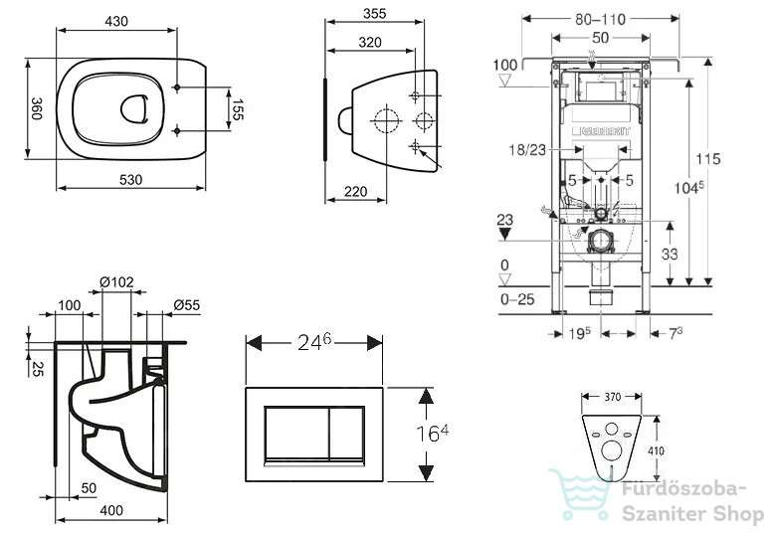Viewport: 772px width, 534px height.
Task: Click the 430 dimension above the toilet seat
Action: pyautogui.click(x=116, y=21)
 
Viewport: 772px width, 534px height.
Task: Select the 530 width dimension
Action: pyautogui.click(x=131, y=180)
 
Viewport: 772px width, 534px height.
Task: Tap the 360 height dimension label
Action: pyautogui.click(x=37, y=108)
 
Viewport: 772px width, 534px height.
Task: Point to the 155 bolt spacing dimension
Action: pyautogui.click(x=238, y=109)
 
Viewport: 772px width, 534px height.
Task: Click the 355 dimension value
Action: pyautogui.click(x=375, y=14)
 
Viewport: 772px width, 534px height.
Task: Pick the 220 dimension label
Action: pyautogui.click(x=355, y=192)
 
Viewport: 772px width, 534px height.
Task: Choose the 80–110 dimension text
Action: pyautogui.click(x=600, y=19)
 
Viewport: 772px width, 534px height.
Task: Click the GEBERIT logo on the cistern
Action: pyautogui.click(x=600, y=131)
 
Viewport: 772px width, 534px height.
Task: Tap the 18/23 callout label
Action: pyautogui.click(x=527, y=149)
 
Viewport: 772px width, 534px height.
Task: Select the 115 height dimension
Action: pyautogui.click(x=708, y=158)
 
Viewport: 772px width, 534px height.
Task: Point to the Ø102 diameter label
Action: pyautogui.click(x=116, y=282)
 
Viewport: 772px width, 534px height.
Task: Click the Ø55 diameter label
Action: pyautogui.click(x=187, y=305)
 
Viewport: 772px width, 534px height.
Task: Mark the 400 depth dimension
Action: pyautogui.click(x=111, y=510)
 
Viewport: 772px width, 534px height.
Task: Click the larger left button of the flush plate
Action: pyautogui.click(x=296, y=434)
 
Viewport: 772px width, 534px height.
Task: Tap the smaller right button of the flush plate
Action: pyautogui.click(x=346, y=434)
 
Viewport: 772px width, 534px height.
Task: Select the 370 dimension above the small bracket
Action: pyautogui.click(x=612, y=397)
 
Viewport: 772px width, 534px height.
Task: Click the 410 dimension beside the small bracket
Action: pyautogui.click(x=657, y=450)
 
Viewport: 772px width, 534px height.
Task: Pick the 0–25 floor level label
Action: pyautogui.click(x=517, y=299)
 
